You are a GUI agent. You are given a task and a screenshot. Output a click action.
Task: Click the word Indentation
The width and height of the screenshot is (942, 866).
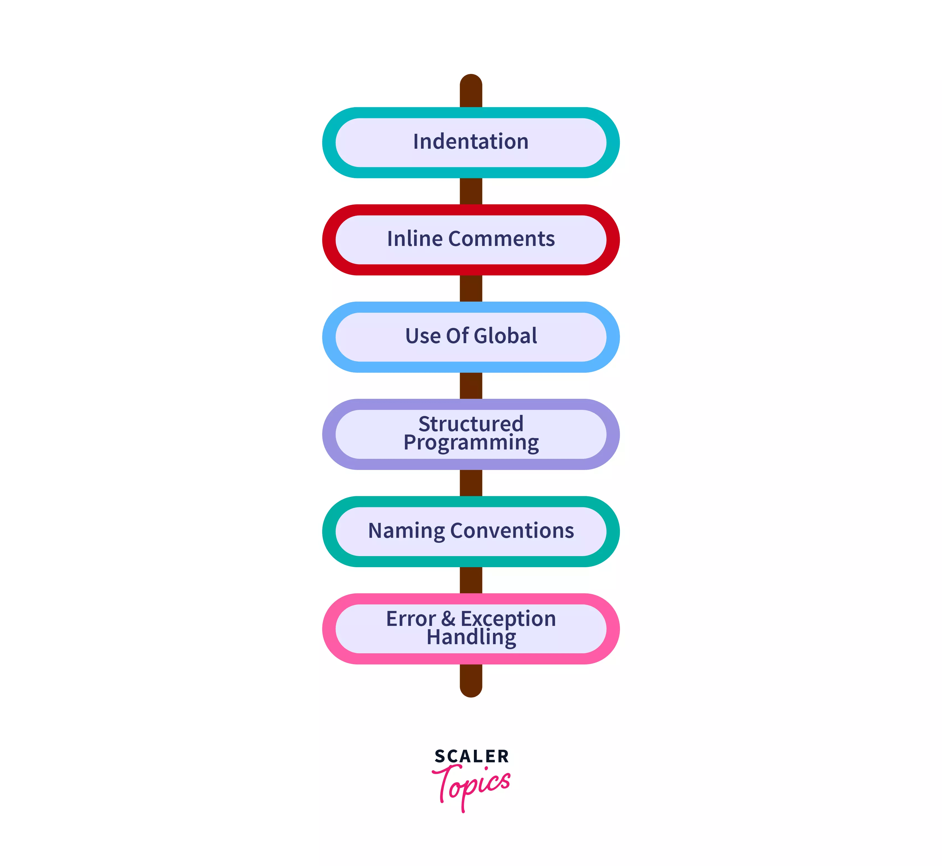coord(471,142)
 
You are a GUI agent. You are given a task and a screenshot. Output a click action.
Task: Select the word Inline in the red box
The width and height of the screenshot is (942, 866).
coord(414,239)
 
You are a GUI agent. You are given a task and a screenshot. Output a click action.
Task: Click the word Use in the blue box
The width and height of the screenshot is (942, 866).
coord(422,336)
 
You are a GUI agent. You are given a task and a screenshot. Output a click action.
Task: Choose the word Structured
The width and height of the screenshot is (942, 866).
coord(471,424)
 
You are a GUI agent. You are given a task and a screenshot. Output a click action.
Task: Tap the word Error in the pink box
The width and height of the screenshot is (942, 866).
coord(410,619)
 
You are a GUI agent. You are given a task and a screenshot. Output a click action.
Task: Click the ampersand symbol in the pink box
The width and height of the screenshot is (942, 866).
coord(448,619)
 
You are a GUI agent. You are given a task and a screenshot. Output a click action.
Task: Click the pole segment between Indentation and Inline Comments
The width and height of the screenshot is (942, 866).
coord(471,191)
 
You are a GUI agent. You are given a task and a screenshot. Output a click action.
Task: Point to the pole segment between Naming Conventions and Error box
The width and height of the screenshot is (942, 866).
coord(471,580)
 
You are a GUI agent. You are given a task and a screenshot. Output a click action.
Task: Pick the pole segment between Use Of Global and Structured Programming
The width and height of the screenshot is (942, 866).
coord(471,386)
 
